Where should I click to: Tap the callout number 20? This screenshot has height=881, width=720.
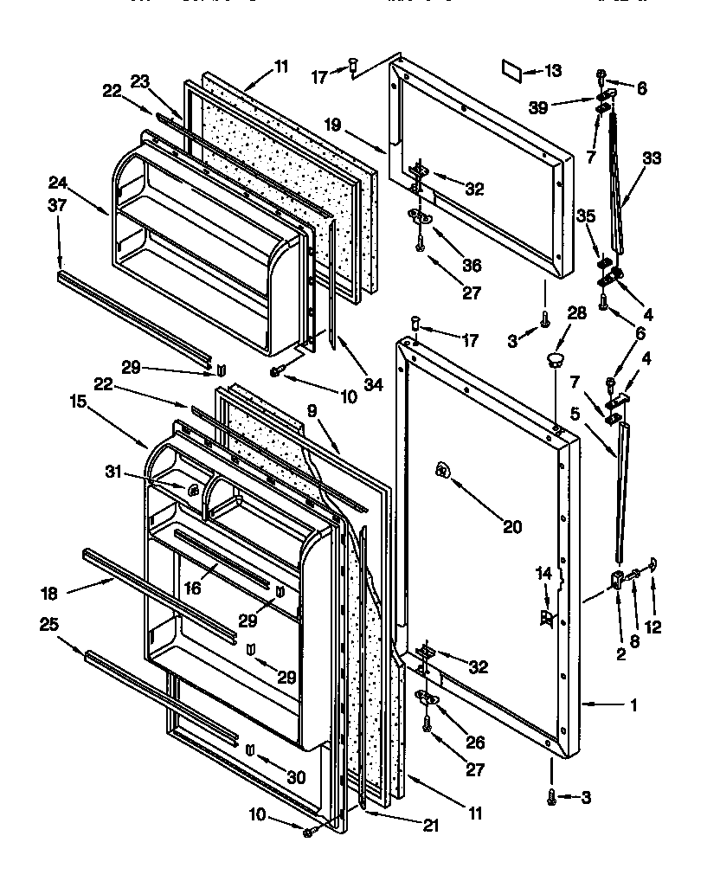[512, 525]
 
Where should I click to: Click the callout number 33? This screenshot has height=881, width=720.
[652, 158]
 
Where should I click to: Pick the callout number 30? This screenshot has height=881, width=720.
[297, 778]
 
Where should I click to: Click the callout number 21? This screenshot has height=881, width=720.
[429, 826]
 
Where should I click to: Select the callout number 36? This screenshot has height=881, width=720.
[472, 266]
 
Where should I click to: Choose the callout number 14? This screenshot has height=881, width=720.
[543, 574]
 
